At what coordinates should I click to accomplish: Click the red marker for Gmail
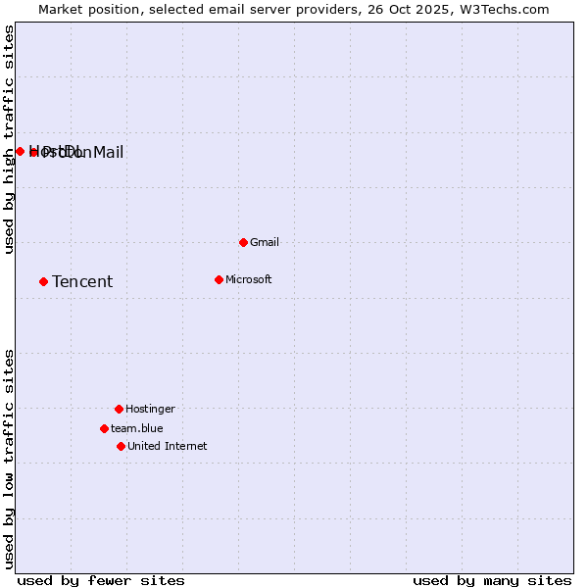[243, 242]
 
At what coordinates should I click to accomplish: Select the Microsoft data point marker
[219, 279]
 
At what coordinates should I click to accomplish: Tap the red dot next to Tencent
[43, 281]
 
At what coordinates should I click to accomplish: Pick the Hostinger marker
[119, 409]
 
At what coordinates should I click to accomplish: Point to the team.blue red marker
[104, 428]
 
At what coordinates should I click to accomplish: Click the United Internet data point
[121, 446]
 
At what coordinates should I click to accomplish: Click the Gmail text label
[265, 242]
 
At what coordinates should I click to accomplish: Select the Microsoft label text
[249, 279]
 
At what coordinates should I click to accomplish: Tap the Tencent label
[82, 282]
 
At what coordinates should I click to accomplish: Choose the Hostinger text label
[150, 409]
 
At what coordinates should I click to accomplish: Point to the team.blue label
[137, 428]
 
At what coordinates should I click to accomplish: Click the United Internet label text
[168, 446]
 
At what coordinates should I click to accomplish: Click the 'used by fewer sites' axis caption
[101, 580]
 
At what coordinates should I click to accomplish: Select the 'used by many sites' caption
[491, 580]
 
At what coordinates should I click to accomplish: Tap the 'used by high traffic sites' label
[10, 140]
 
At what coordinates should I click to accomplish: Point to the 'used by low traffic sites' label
[10, 459]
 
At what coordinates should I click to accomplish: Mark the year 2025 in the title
[423, 9]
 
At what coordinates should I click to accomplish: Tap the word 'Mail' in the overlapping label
[108, 152]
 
